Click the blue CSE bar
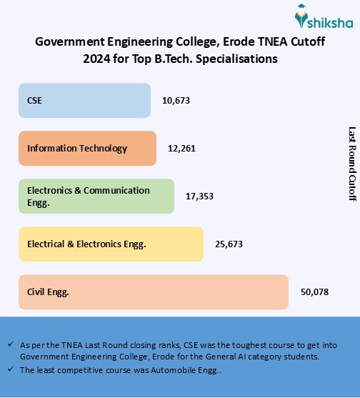(x=84, y=100)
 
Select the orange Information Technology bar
(x=87, y=148)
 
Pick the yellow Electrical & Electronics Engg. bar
(x=111, y=244)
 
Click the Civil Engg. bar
(x=154, y=292)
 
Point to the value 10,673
(x=176, y=101)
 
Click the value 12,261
(x=181, y=149)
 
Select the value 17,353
(x=199, y=196)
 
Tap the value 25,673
(x=229, y=244)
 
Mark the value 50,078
(x=314, y=292)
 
